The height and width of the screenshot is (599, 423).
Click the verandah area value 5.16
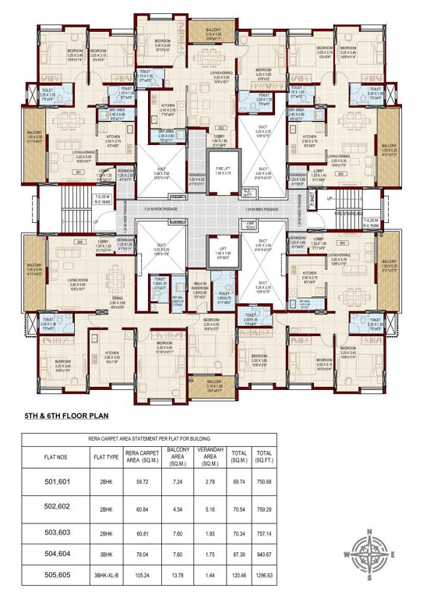coord(209,508)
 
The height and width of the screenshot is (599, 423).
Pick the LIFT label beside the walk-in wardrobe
coord(223,250)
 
